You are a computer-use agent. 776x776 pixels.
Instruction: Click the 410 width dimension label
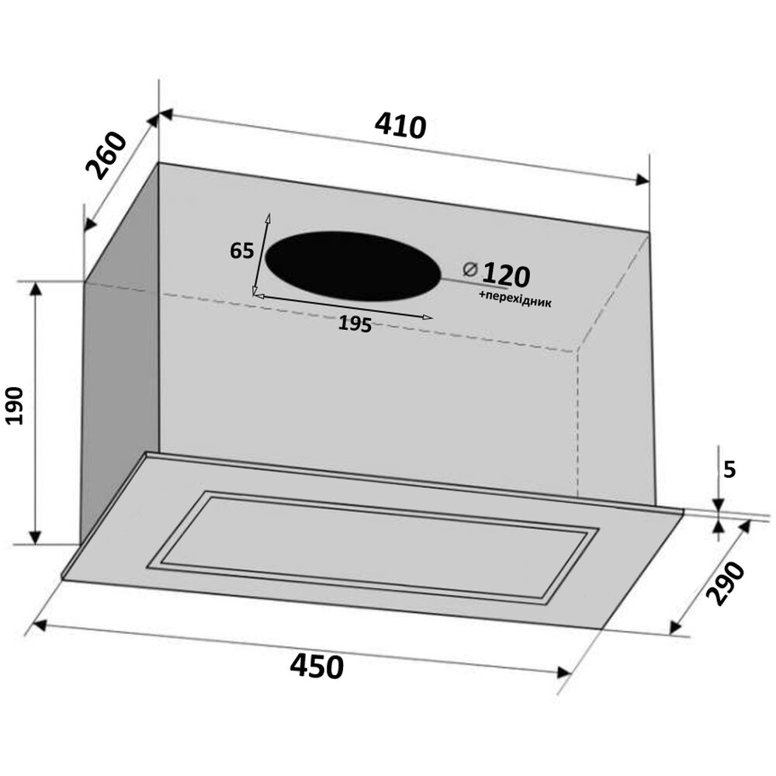pos(400,126)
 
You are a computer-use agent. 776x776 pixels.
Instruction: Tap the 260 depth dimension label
pos(106,155)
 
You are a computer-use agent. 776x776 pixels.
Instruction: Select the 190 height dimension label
pos(15,406)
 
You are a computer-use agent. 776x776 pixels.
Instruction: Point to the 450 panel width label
pos(317,666)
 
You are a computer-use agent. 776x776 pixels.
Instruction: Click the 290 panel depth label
pos(726,584)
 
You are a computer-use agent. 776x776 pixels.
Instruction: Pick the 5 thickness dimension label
pos(729,469)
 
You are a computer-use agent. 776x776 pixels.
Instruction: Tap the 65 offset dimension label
pos(241,251)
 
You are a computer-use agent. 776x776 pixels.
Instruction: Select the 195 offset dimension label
pos(355,324)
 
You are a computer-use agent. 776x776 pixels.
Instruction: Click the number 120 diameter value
pos(506,275)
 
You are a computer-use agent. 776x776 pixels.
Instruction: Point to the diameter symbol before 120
pos(469,270)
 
